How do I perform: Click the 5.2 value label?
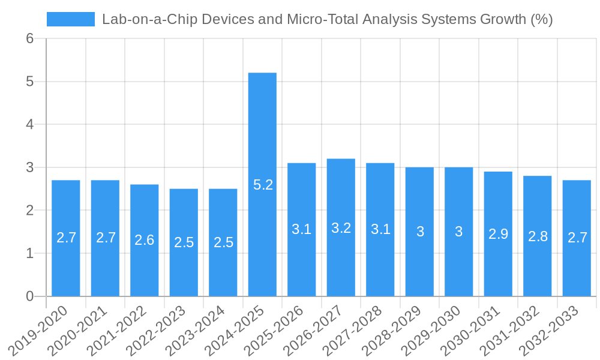coord(263,185)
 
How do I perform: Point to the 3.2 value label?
coord(341,228)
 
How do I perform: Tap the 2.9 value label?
coord(498,234)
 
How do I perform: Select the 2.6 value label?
coord(145,240)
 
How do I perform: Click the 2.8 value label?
coord(538,236)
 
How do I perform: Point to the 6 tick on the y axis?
coord(29,38)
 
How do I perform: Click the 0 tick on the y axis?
coord(29,296)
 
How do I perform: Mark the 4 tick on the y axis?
coord(29,124)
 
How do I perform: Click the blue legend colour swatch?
coord(71,19)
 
